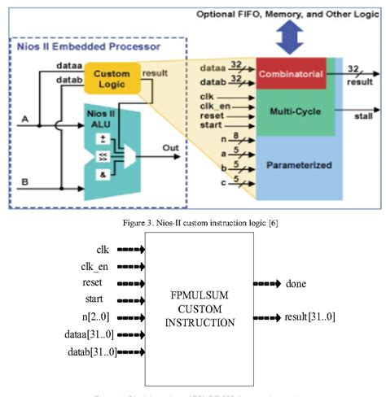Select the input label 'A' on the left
25,120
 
